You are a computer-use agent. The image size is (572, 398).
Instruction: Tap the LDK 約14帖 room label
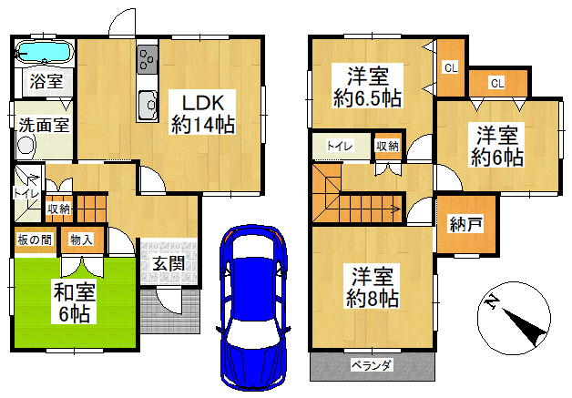[x=202, y=114]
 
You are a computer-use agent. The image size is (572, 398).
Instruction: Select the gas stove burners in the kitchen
[x=148, y=59]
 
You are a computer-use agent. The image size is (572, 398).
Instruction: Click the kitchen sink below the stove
[x=148, y=105]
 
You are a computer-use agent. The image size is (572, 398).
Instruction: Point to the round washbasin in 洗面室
[x=26, y=146]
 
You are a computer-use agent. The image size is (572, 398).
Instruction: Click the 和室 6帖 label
[x=75, y=302]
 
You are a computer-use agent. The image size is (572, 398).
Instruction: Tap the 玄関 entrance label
[x=169, y=264]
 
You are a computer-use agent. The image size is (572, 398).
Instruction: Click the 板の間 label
[x=35, y=240]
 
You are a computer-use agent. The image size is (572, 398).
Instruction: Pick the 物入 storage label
[x=82, y=240]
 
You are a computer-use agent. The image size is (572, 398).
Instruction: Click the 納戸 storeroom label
[x=466, y=224]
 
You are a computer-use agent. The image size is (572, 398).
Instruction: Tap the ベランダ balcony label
[x=372, y=365]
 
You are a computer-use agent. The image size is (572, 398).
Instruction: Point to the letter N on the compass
[x=493, y=302]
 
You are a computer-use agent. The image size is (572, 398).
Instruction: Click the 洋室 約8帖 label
[x=373, y=287]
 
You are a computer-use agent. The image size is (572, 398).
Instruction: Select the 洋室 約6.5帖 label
[x=367, y=87]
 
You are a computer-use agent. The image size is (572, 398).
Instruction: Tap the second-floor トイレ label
[x=340, y=147]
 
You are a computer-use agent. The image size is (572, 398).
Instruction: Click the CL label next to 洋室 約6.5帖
[x=451, y=68]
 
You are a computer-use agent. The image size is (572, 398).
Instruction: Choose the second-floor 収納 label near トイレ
[x=387, y=146]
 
